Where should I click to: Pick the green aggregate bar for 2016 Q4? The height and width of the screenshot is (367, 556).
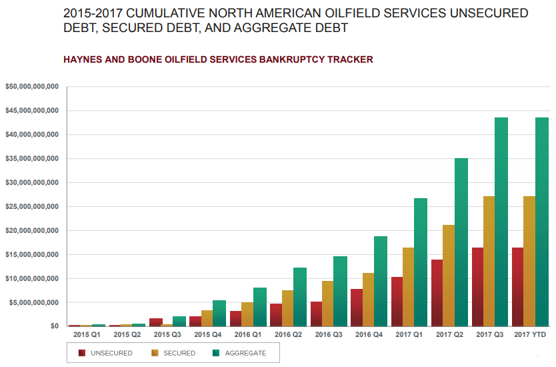[x=380, y=281]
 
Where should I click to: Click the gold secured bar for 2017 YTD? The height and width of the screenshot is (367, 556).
[x=529, y=261]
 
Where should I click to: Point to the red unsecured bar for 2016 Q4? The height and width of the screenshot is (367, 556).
[x=357, y=307]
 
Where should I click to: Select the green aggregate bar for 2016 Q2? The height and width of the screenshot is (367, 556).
[x=300, y=296]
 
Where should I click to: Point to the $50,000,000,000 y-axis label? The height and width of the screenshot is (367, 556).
[x=32, y=87]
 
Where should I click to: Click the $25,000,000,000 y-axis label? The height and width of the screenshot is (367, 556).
[x=32, y=206]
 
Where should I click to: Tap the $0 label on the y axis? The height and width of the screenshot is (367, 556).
[x=55, y=326]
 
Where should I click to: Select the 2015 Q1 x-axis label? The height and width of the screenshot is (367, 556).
[x=87, y=334]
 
